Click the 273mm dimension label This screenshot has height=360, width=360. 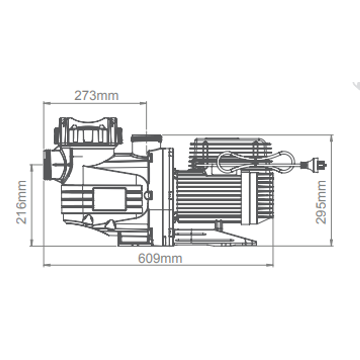point(96,96)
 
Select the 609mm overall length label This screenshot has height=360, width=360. point(160,258)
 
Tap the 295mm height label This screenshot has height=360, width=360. point(321,202)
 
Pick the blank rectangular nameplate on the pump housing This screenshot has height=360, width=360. point(109,199)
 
